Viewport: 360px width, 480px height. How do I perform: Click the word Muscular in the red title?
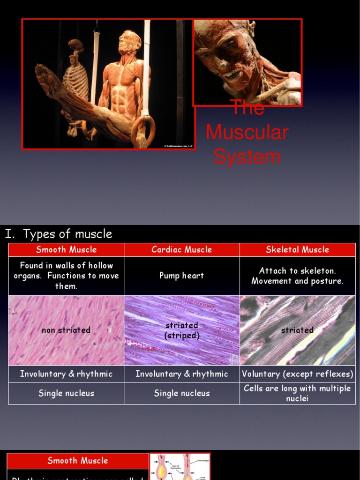click(x=247, y=132)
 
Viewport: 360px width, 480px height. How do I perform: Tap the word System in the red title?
click(x=247, y=157)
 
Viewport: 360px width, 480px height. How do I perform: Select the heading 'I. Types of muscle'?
click(x=59, y=234)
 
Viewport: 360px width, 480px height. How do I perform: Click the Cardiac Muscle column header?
click(x=181, y=250)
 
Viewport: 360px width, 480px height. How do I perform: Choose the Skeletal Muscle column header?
click(x=297, y=250)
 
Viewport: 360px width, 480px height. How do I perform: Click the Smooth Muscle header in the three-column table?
click(x=66, y=250)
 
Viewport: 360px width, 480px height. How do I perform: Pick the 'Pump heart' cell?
click(x=181, y=276)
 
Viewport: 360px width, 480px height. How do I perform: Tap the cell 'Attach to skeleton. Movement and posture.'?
click(x=297, y=276)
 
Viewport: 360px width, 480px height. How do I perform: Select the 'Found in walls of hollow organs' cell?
click(x=66, y=276)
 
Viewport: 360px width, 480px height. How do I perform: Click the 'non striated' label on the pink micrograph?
click(x=66, y=330)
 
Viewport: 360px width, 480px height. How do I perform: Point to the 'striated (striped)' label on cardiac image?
click(x=181, y=330)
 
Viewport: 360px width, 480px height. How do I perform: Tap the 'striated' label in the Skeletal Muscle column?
click(x=297, y=330)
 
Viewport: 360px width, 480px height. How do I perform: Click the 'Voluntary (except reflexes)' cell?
click(x=297, y=374)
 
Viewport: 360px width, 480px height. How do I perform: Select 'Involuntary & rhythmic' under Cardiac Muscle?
click(x=181, y=374)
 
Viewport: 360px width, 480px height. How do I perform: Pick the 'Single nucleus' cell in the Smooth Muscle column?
click(x=66, y=393)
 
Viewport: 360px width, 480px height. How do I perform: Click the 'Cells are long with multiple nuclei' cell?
click(x=297, y=393)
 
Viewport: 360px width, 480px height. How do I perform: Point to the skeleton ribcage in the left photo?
click(x=76, y=80)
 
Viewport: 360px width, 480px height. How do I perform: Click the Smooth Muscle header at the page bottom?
click(x=78, y=461)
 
